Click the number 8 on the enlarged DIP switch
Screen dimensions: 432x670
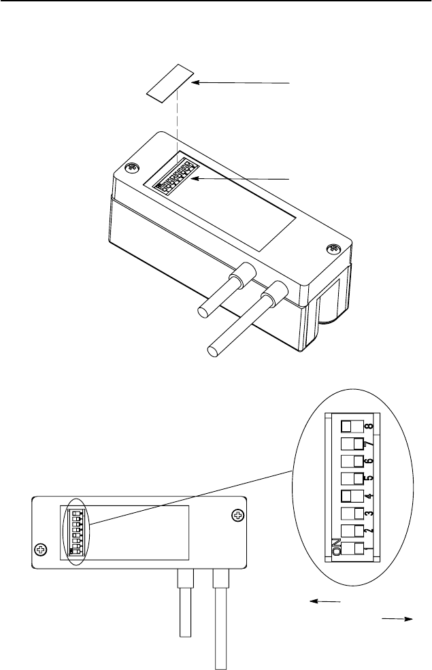click(x=369, y=426)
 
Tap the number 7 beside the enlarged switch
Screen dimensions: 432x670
click(x=368, y=445)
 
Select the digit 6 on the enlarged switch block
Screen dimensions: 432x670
click(x=368, y=462)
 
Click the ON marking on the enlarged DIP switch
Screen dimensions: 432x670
click(x=336, y=546)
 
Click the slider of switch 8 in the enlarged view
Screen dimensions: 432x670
click(x=347, y=427)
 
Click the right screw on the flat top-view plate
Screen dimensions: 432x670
click(x=237, y=516)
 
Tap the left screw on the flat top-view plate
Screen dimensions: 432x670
click(x=41, y=550)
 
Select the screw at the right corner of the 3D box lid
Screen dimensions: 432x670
click(x=333, y=249)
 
